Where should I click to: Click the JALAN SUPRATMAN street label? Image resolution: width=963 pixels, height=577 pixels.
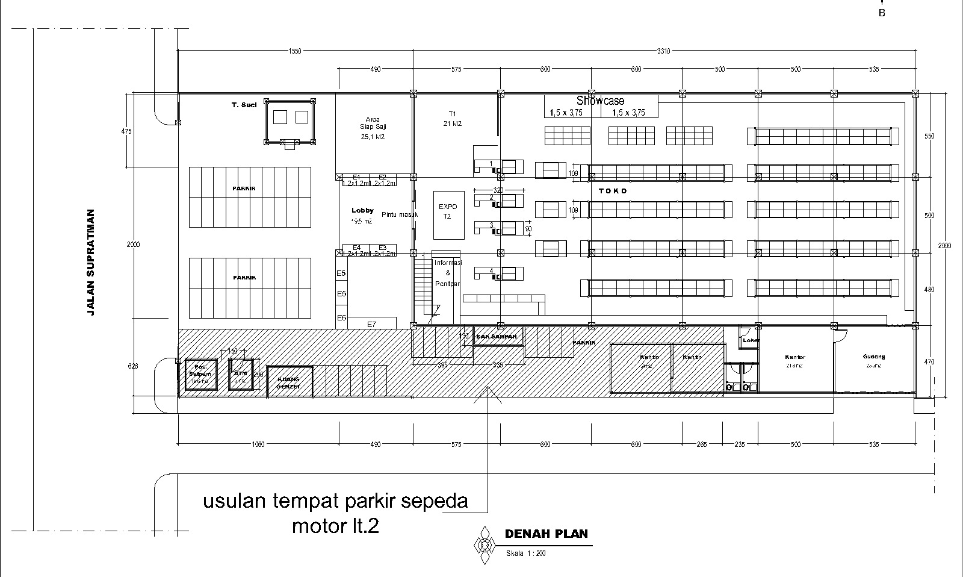click(91, 263)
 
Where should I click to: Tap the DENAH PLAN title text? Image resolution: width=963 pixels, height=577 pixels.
click(546, 534)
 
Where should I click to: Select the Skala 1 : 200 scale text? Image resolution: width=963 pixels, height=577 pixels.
click(525, 554)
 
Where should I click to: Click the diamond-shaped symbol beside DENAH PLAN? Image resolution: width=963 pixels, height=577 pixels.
click(483, 546)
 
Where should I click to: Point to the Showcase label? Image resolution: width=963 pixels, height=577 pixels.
click(600, 101)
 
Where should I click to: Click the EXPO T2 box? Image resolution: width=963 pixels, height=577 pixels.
click(448, 215)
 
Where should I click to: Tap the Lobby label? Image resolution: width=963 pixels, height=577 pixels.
click(362, 210)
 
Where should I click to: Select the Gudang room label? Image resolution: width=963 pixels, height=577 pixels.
click(873, 357)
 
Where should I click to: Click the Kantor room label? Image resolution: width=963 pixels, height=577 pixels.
click(794, 357)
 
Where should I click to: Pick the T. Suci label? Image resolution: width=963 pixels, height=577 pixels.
click(244, 105)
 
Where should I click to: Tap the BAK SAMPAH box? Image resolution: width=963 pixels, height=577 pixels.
click(497, 336)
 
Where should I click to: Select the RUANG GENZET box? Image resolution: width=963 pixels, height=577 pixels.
click(289, 382)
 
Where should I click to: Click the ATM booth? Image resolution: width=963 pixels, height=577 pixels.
click(241, 374)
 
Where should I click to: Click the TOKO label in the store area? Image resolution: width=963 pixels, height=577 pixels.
click(613, 191)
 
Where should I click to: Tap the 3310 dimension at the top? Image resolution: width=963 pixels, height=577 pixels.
click(663, 51)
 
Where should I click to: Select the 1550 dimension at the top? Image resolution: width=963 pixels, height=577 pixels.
click(294, 51)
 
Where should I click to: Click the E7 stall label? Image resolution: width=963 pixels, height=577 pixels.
click(371, 324)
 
